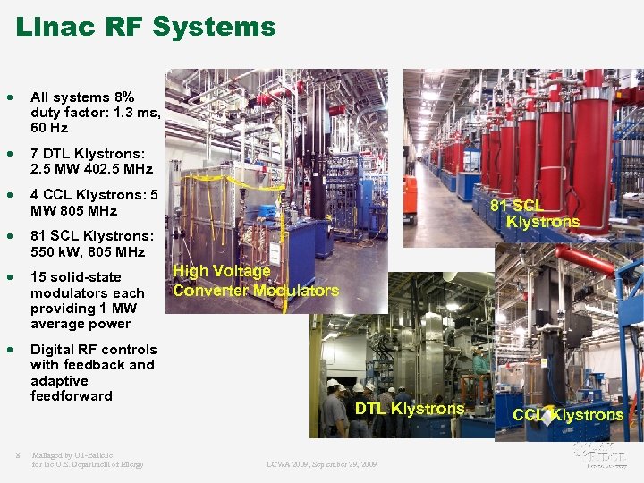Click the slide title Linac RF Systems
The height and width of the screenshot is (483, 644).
[146, 27]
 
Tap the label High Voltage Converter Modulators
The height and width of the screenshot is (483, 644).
[255, 280]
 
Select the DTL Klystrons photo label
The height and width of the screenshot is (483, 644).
[410, 409]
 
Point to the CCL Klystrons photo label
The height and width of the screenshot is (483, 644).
[568, 415]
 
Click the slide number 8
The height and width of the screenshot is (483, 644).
[18, 454]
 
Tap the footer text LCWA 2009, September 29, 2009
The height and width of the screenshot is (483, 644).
[321, 464]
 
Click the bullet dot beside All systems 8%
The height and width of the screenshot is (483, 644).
[10, 97]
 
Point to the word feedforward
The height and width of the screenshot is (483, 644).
[72, 396]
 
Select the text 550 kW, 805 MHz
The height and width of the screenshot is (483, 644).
[87, 252]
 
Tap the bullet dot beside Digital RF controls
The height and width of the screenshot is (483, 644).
[10, 350]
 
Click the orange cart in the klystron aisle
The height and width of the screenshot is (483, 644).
[409, 199]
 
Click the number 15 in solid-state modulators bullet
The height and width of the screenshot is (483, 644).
[38, 277]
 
